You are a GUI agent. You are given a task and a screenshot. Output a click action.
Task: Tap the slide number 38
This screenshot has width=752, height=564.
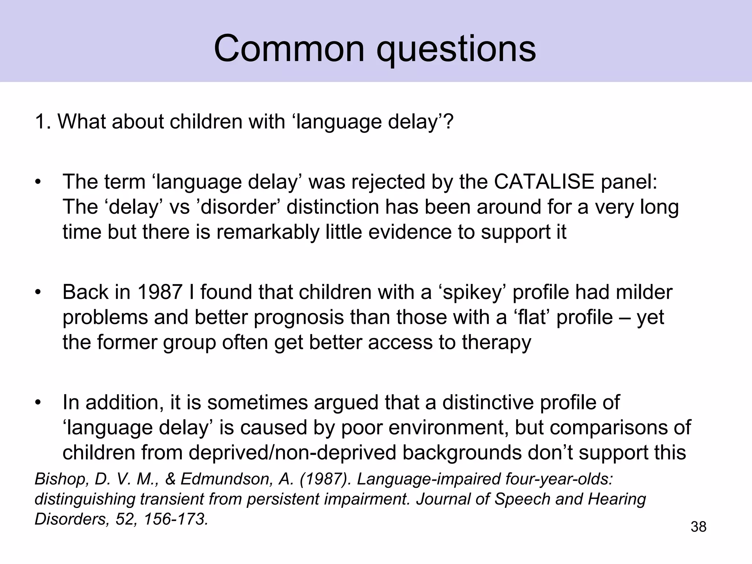698,527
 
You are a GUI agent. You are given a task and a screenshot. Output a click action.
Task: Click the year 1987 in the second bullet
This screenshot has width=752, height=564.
160,292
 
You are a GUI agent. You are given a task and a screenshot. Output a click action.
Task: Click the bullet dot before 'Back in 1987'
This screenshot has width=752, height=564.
37,293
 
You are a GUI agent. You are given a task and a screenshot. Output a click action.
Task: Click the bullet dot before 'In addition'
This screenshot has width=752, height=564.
37,403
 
